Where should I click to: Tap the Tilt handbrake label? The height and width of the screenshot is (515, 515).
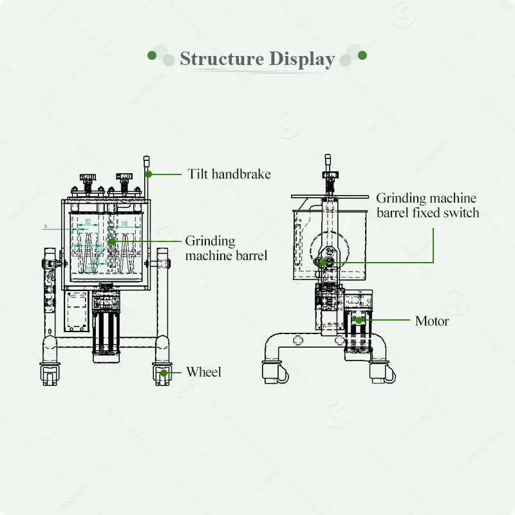229,174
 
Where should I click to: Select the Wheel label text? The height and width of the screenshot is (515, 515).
203,371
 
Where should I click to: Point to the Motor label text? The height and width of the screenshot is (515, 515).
432,320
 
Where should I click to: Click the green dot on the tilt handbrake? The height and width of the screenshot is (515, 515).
148,174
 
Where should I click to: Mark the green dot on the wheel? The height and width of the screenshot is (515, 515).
164,372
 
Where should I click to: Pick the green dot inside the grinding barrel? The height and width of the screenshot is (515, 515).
111,241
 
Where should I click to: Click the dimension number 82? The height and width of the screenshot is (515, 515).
88,222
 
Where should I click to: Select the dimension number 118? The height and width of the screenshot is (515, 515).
124,223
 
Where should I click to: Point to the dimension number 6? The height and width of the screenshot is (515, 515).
46,226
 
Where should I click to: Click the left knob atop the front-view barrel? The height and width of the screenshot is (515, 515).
88,177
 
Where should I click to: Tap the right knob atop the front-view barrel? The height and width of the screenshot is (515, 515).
124,177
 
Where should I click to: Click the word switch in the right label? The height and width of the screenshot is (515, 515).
460,212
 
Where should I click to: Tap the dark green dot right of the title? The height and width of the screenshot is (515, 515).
362,55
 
